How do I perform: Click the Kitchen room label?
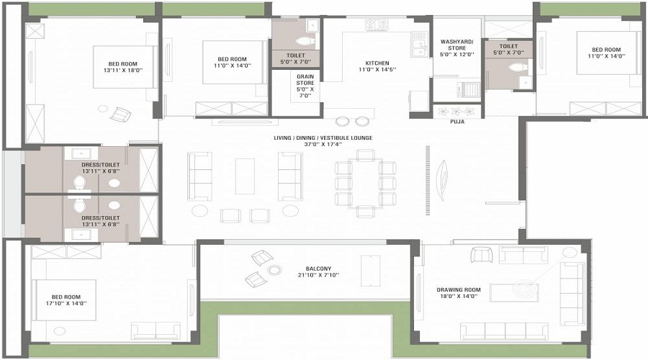pyautogui.click(x=378, y=67)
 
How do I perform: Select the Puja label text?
pyautogui.click(x=457, y=122)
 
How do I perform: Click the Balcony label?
pyautogui.click(x=318, y=271)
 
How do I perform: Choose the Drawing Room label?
pyautogui.click(x=457, y=292)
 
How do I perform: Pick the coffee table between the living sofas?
pyautogui.click(x=245, y=176)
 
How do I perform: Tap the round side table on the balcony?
pyautogui.click(x=274, y=270)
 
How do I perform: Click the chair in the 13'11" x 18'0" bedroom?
pyautogui.click(x=120, y=114)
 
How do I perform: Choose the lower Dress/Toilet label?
pyautogui.click(x=100, y=220)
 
